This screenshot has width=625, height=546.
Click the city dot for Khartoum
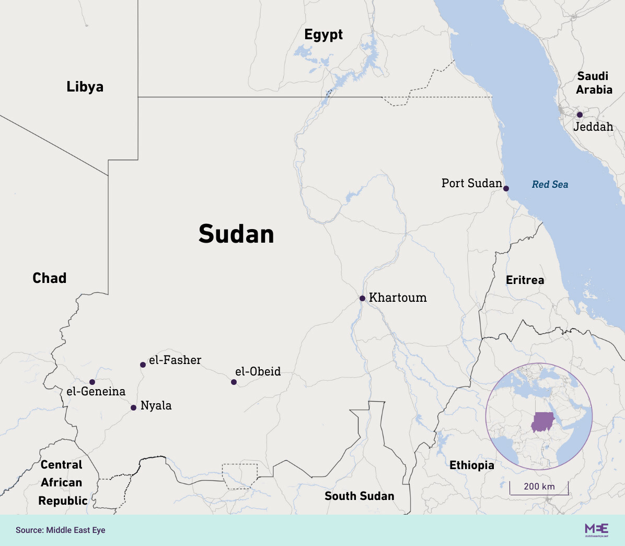coord(362,298)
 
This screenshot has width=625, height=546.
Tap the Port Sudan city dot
coord(506,188)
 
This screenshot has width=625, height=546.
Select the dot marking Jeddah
coord(580,115)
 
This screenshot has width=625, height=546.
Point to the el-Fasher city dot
coord(143,365)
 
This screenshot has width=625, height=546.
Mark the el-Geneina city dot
coord(92,382)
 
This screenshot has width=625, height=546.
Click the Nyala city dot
coord(133,407)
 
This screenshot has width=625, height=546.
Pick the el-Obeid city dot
coord(234,382)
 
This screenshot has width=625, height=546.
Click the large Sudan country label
coord(236,234)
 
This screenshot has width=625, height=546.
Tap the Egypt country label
coord(323,35)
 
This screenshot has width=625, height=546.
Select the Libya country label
coord(85,86)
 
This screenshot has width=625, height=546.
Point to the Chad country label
coord(50,278)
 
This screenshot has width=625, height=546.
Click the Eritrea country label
coord(525,280)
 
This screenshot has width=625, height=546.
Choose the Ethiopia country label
coord(471,465)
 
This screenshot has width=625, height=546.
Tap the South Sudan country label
coord(360,496)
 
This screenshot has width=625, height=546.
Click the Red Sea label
coord(550,184)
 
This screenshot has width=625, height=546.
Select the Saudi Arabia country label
coord(594,83)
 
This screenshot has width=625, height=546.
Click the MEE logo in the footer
coord(596,529)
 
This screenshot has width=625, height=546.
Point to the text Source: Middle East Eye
coord(61,530)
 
